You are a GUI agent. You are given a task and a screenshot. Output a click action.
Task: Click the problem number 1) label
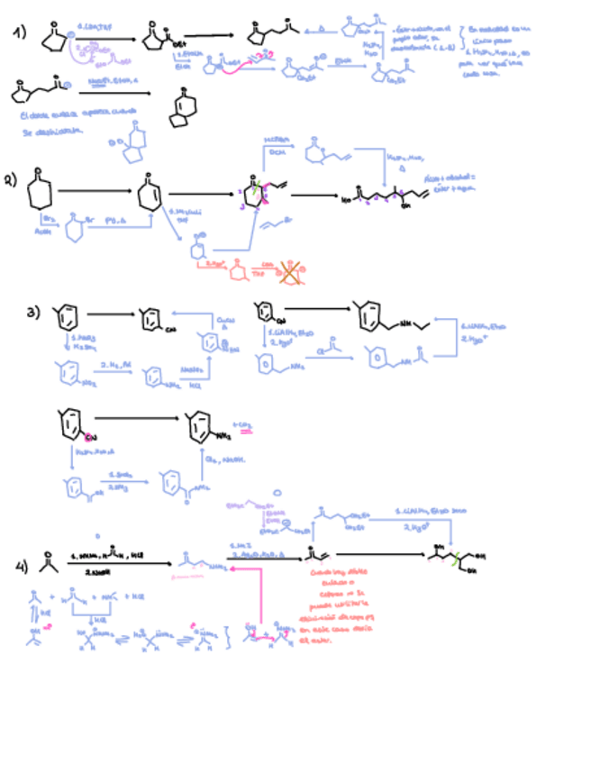tap(19, 33)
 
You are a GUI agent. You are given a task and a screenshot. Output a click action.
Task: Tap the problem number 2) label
tap(12, 179)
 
